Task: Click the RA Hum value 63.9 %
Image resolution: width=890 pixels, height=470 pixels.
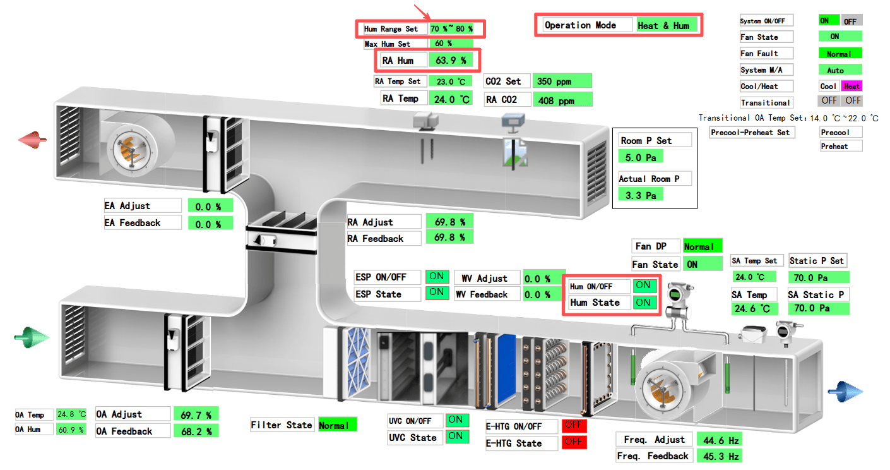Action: pos(451,61)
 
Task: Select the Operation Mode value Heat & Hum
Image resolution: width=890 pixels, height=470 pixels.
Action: pos(667,25)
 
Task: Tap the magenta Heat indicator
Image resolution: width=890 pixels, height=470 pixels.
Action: pos(851,86)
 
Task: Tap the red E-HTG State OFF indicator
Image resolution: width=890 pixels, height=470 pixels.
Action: pos(573,442)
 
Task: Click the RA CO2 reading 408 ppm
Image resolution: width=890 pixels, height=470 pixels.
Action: pos(562,100)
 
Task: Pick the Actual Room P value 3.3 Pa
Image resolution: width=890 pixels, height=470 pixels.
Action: pos(641,195)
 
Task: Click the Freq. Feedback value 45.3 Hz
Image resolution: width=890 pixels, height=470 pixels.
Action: pos(718,456)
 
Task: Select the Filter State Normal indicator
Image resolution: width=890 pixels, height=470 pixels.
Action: pos(337,425)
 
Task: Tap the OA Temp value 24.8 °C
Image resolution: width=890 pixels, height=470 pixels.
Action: pos(71,414)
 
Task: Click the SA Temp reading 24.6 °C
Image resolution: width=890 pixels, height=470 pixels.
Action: pos(755,309)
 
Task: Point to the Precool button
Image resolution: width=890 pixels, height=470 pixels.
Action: pos(841,132)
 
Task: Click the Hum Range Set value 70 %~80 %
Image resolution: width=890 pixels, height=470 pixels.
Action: pos(451,29)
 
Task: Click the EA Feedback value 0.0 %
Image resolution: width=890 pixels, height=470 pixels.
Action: pos(210,223)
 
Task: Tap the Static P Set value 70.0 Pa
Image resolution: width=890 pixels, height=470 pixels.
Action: pos(818,277)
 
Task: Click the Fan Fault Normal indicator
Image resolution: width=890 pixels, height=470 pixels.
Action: pos(839,54)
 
